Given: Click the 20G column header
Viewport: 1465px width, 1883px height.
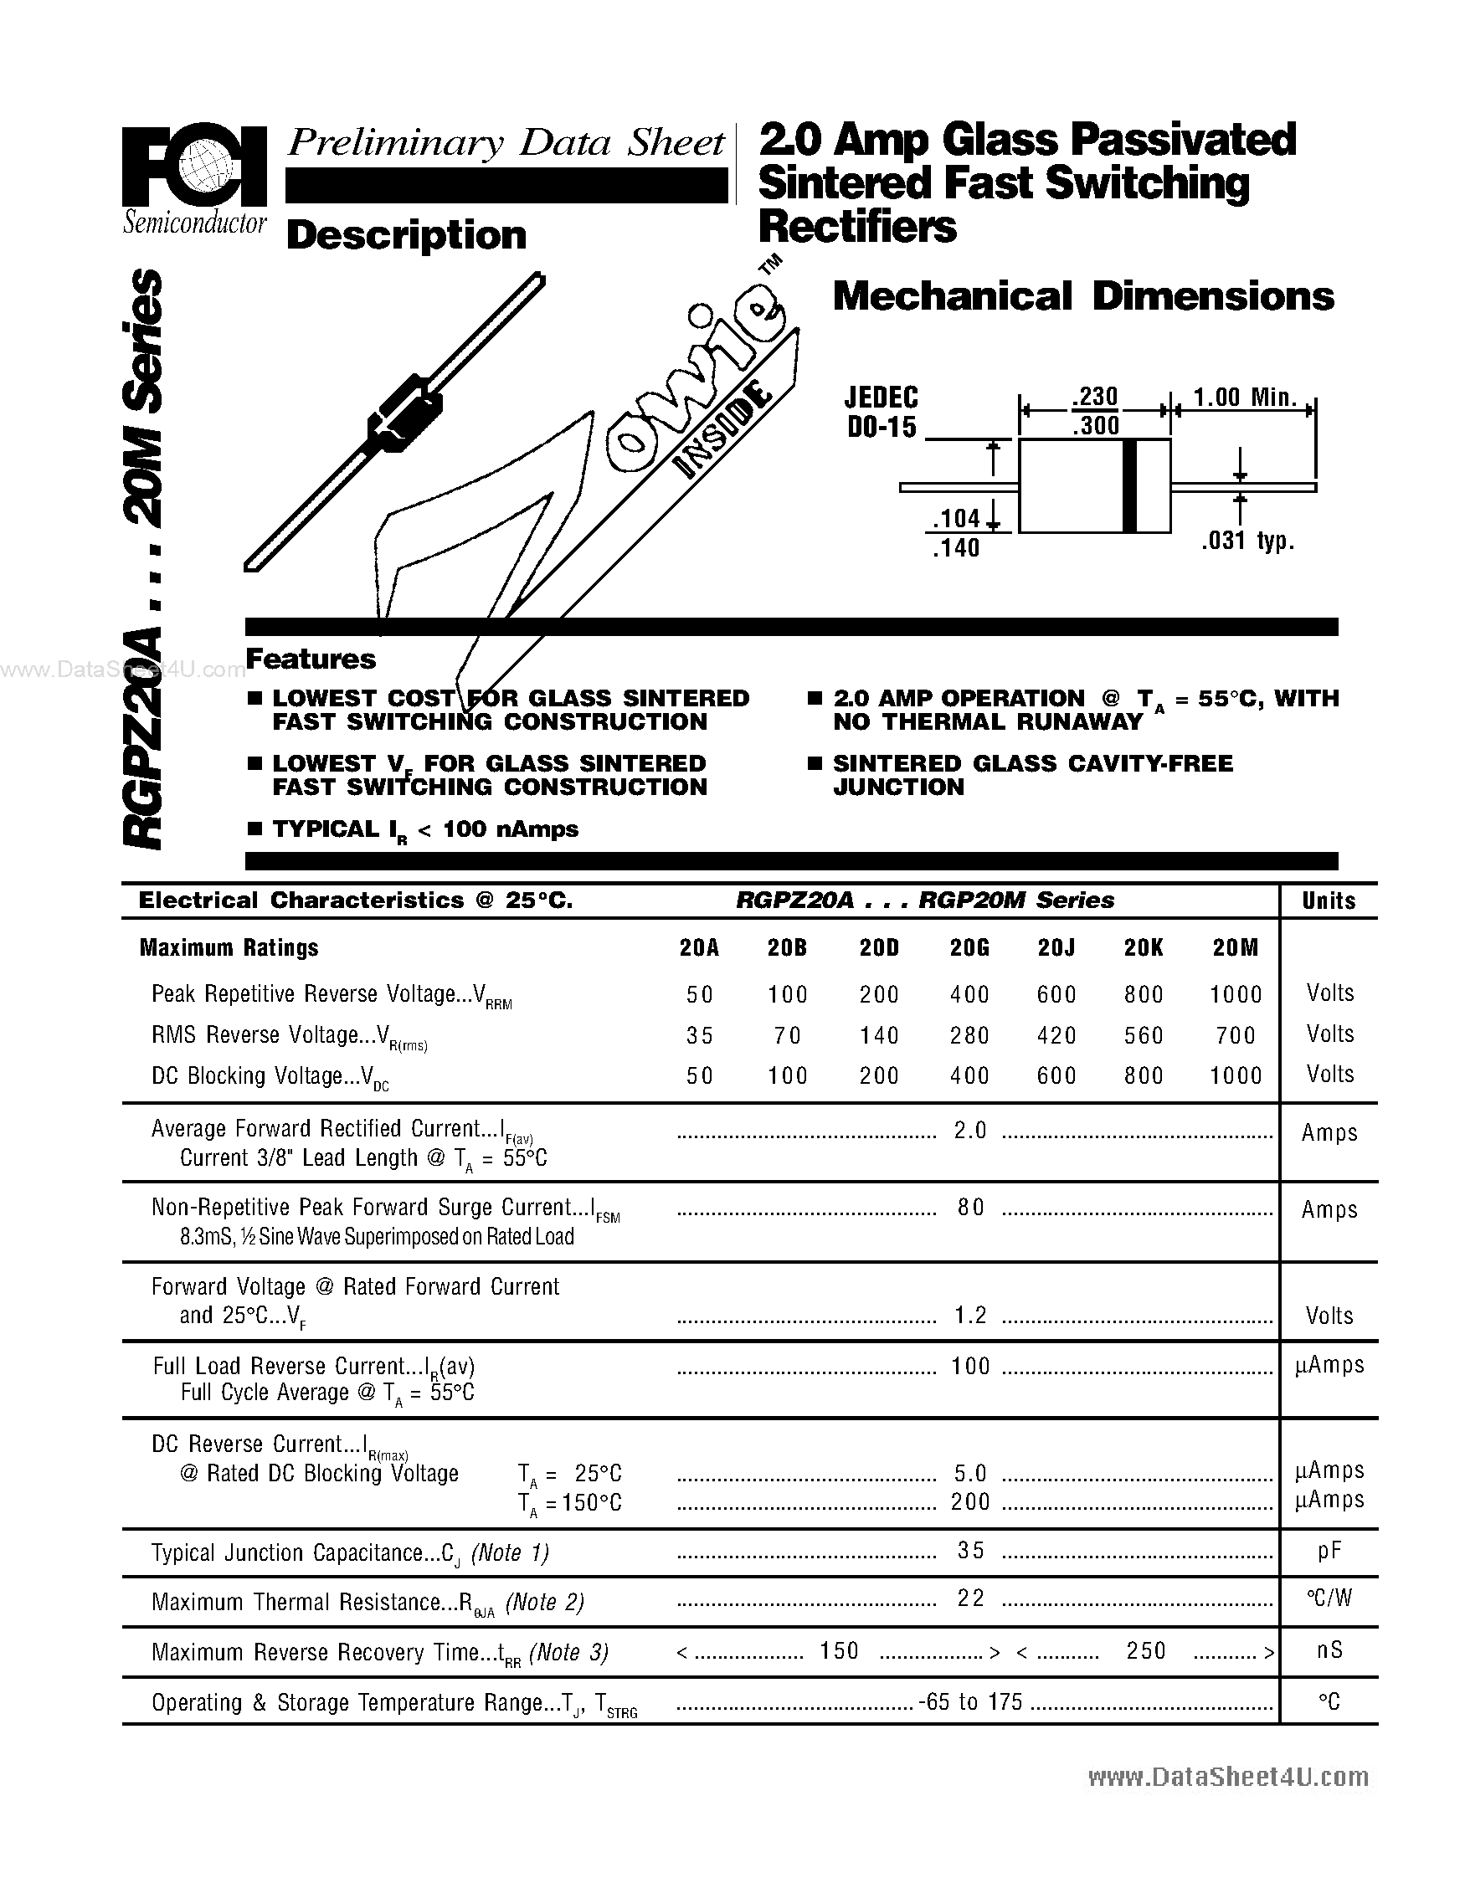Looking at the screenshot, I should (x=969, y=947).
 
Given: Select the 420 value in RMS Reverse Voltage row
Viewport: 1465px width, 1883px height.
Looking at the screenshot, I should (x=1056, y=1034).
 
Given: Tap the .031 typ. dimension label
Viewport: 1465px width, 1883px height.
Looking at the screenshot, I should (x=1247, y=541).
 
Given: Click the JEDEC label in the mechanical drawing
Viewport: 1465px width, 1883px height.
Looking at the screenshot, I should (x=881, y=398).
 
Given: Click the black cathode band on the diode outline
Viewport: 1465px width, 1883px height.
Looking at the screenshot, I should (x=1129, y=485).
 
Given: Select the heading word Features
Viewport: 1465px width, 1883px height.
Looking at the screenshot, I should (x=311, y=659).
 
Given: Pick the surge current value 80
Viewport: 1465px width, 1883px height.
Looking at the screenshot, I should (x=970, y=1208).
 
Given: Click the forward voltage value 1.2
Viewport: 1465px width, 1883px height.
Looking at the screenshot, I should (x=970, y=1315).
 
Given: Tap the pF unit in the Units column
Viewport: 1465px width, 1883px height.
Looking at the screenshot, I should (x=1329, y=1551).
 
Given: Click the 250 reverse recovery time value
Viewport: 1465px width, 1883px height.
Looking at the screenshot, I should (x=1145, y=1650).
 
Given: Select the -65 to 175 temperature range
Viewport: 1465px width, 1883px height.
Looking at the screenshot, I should (x=971, y=1701).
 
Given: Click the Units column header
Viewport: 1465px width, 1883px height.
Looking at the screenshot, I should (x=1328, y=900).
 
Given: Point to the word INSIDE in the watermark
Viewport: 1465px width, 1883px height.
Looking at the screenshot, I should (x=722, y=430).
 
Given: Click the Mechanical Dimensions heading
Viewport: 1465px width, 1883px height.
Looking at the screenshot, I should (x=1083, y=296).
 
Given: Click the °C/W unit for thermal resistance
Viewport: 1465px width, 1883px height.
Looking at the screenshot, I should (x=1329, y=1599).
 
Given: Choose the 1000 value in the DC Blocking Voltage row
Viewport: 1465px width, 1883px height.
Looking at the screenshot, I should (x=1235, y=1075).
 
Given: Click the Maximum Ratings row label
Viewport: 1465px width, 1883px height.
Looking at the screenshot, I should (x=229, y=947).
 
